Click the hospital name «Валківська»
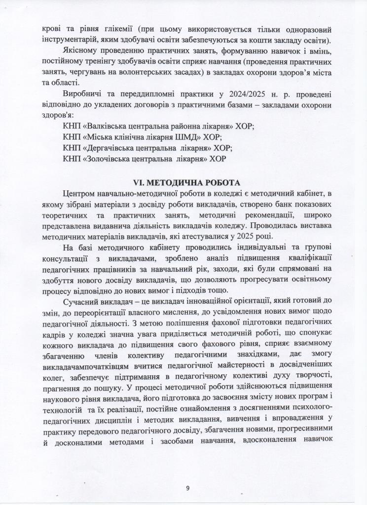pyautogui.click(x=110, y=126)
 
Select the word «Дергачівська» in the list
pyautogui.click(x=112, y=148)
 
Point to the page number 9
pyautogui.click(x=187, y=488)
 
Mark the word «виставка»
pyautogui.click(x=307, y=225)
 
